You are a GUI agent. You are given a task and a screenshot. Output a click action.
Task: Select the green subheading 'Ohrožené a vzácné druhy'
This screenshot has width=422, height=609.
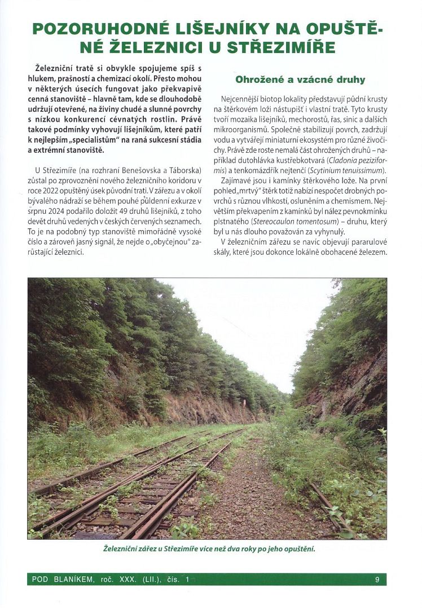300,80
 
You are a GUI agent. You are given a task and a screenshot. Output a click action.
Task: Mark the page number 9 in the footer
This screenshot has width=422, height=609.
376,579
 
